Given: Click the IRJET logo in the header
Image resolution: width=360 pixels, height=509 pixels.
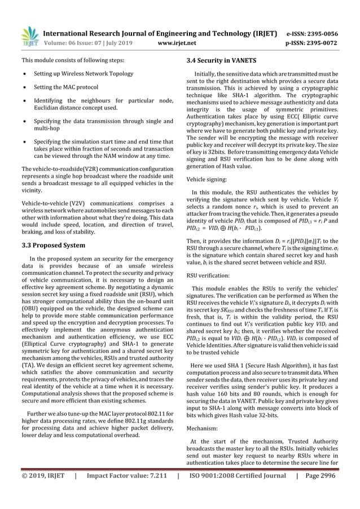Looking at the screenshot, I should coord(29,37).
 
